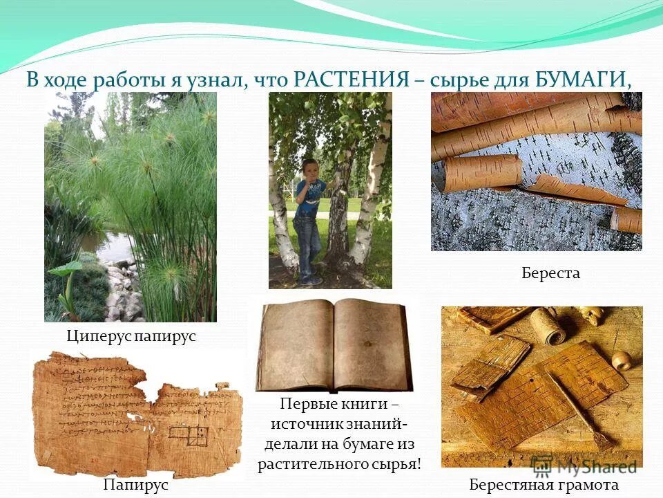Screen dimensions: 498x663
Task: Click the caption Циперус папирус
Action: (x=131, y=337)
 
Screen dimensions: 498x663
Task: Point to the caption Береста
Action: (x=550, y=273)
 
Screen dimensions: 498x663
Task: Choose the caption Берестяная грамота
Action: (x=544, y=485)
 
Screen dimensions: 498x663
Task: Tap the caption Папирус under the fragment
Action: (x=136, y=485)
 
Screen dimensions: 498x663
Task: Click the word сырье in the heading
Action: (x=456, y=80)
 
